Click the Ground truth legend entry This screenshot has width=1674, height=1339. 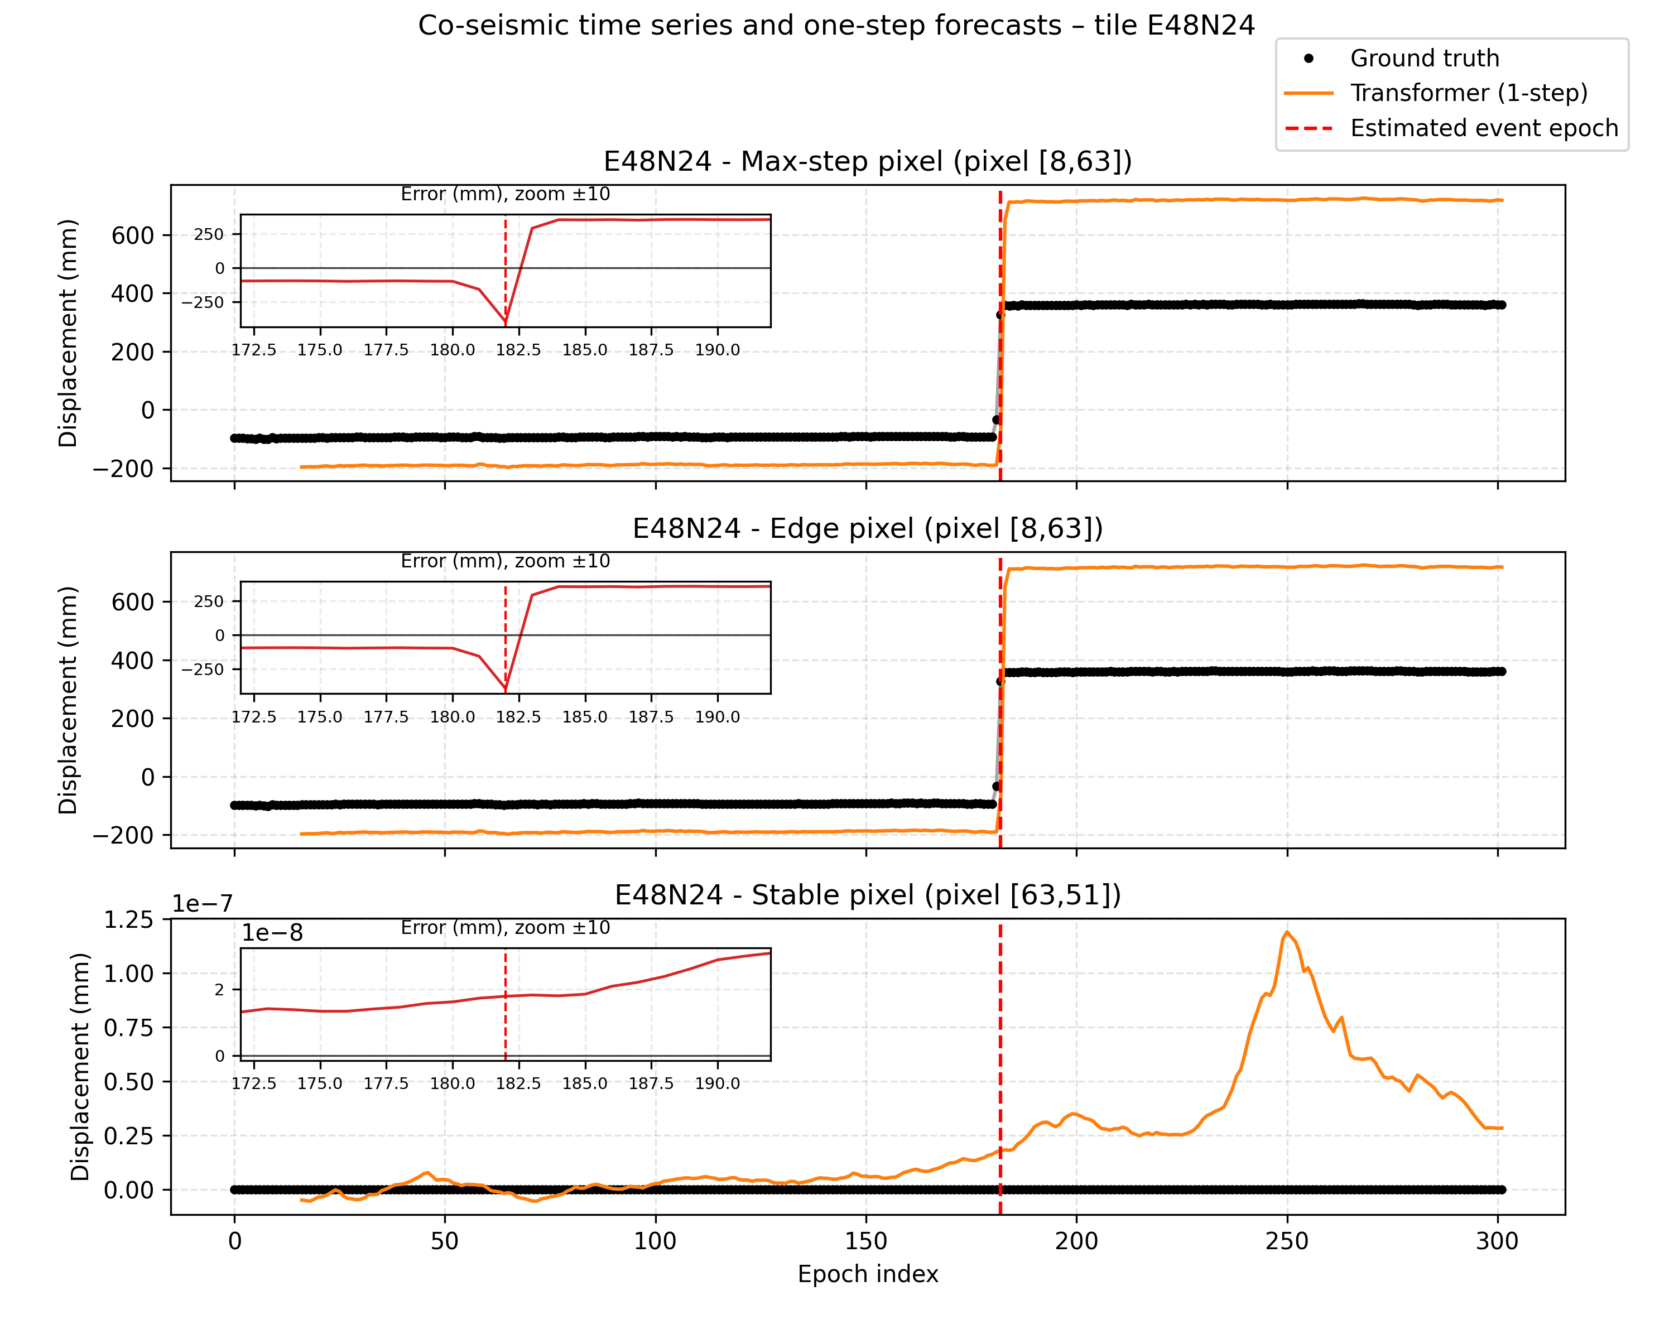(1424, 58)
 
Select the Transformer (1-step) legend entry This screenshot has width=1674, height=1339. (1468, 93)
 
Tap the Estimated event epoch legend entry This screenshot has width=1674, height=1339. (1484, 128)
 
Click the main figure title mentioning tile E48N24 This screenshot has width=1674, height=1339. (836, 26)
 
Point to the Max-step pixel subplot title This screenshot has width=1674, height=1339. (867, 161)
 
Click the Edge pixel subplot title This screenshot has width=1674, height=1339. (867, 528)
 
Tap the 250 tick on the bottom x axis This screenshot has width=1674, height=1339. (1287, 1241)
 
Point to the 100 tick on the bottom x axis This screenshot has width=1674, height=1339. (655, 1241)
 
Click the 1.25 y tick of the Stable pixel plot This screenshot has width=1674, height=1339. (129, 920)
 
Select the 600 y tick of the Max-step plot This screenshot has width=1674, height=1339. (133, 235)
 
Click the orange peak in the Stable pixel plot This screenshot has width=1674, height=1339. (1287, 932)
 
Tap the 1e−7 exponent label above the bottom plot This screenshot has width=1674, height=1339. (202, 903)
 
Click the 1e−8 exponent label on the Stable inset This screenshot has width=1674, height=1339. (272, 933)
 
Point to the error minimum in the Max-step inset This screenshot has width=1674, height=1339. (506, 322)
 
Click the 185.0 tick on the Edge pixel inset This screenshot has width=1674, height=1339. (585, 716)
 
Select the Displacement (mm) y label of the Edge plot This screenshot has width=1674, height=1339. (68, 700)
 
